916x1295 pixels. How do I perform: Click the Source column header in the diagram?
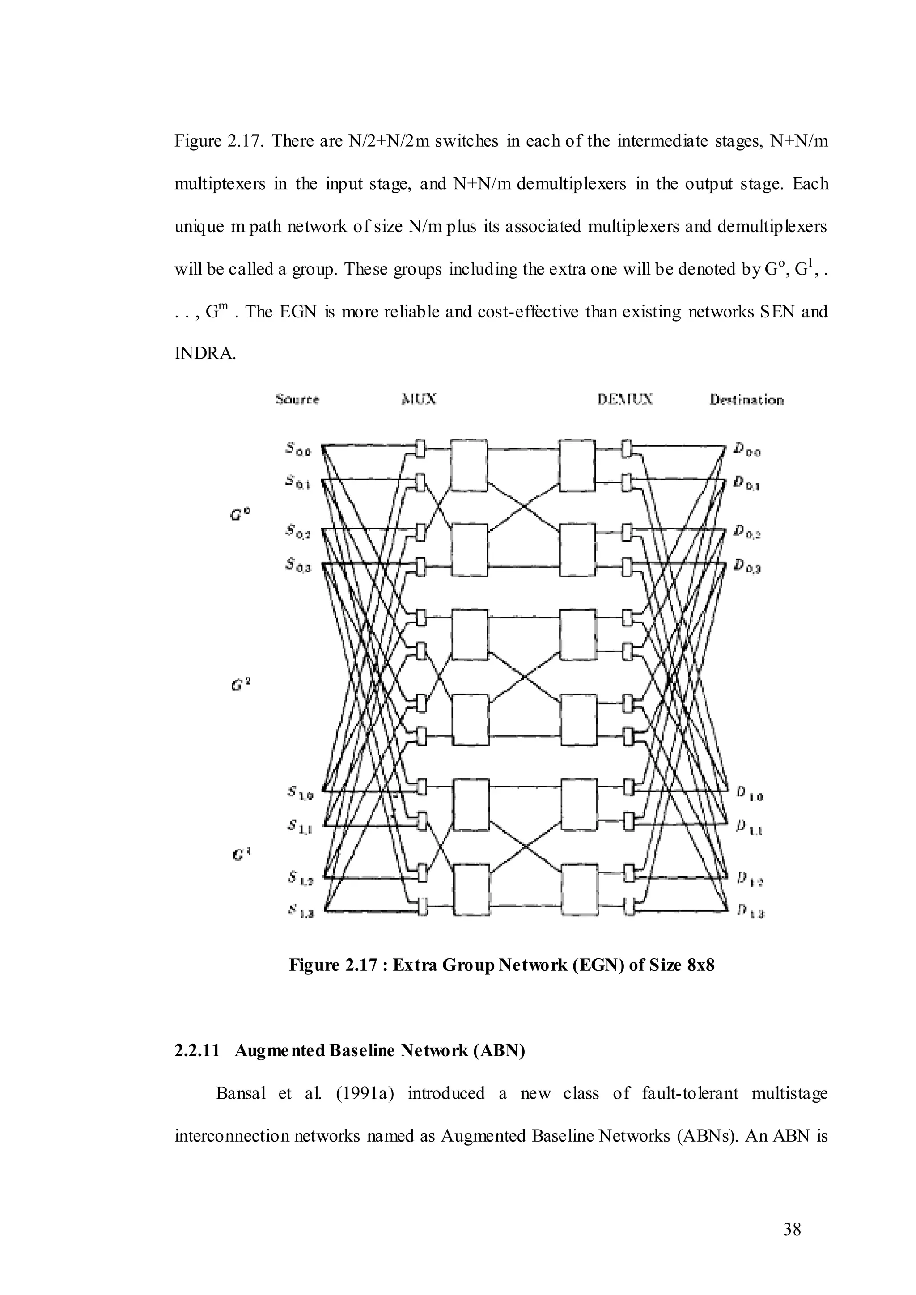coord(297,399)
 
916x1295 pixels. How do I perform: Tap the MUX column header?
coord(419,399)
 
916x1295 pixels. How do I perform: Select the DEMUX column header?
coord(625,399)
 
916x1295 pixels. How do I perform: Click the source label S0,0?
coord(298,449)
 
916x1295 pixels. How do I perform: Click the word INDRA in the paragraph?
coord(205,354)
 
